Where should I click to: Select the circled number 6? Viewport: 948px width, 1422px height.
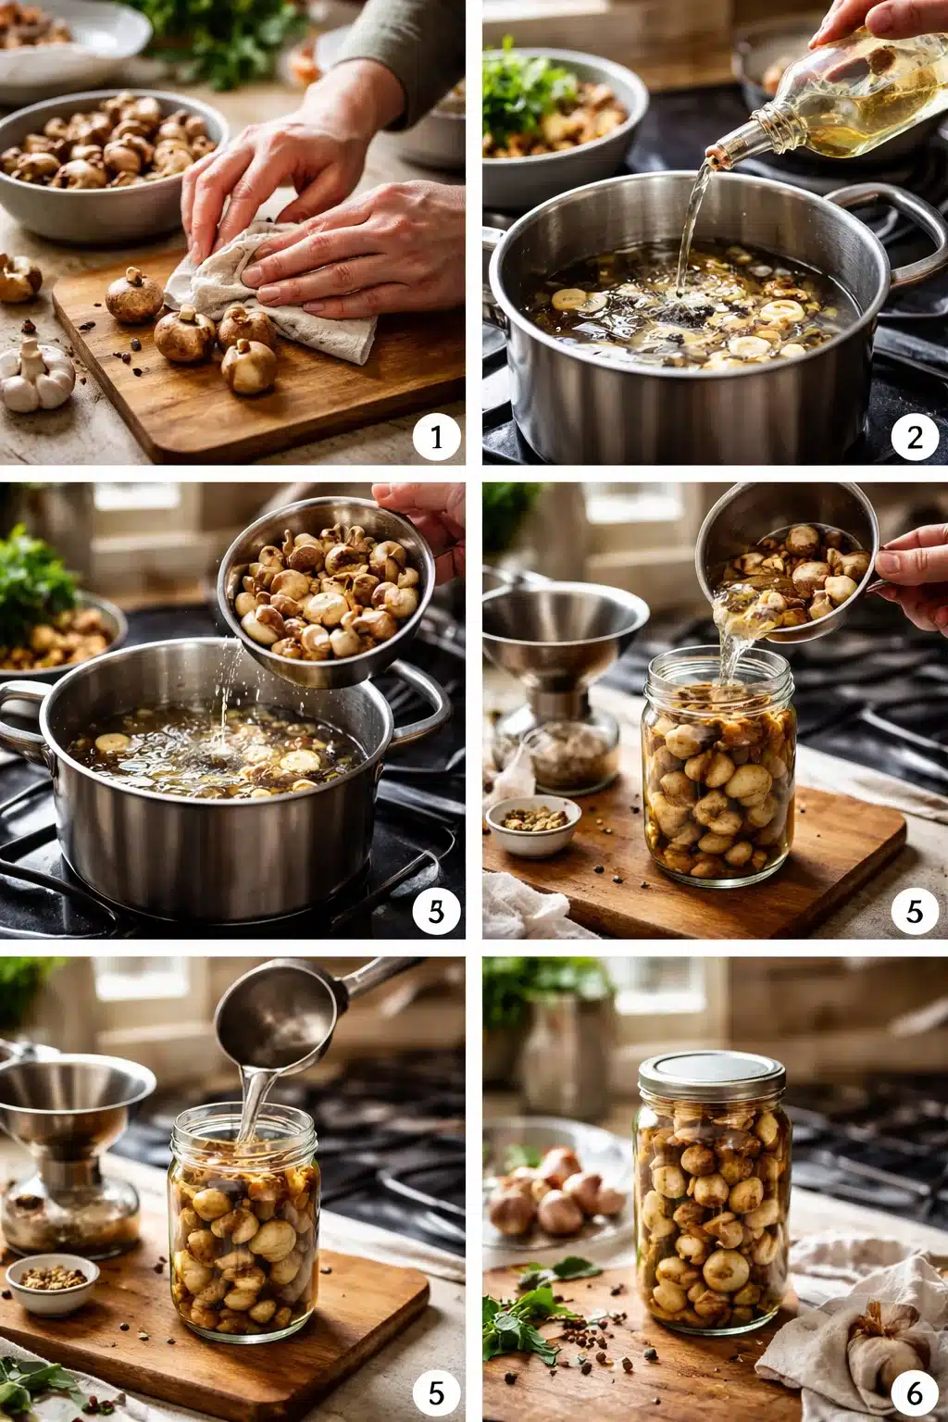[x=915, y=1391]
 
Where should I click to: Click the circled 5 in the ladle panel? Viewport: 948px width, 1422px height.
[x=436, y=1391]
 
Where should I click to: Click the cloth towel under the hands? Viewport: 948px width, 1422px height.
[x=306, y=296]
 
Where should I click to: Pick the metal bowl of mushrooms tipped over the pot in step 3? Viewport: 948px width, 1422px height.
[x=329, y=592]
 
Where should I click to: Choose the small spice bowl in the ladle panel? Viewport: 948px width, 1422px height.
[x=52, y=1282]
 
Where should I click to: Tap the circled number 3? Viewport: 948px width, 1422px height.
[x=436, y=912]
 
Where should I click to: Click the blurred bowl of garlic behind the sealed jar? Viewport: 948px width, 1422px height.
[x=555, y=1194]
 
